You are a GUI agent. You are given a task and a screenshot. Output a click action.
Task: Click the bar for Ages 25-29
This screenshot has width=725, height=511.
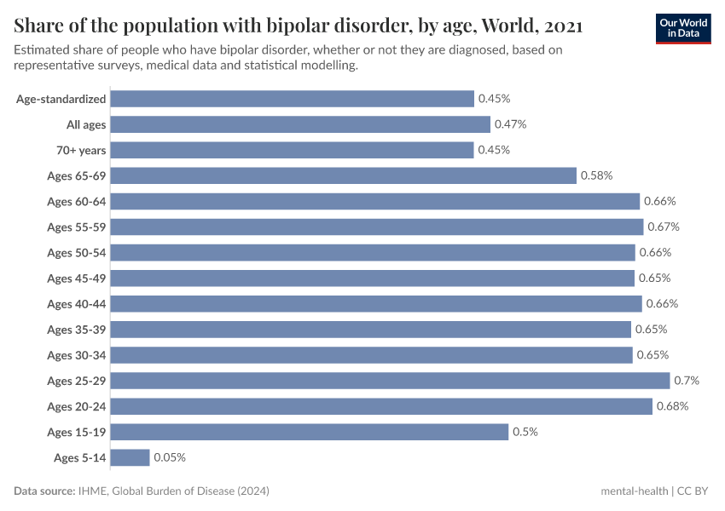390,380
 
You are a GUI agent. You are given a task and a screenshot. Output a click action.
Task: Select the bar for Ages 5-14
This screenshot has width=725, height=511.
130,457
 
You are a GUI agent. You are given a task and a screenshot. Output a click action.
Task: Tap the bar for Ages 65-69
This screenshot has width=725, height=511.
343,175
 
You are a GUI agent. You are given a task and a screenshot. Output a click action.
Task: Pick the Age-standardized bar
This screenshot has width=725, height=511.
292,99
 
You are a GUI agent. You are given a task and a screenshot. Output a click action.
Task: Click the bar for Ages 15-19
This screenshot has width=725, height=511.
309,432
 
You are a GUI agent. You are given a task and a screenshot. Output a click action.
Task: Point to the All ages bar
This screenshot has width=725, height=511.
300,124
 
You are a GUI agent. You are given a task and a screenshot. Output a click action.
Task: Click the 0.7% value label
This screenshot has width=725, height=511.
687,380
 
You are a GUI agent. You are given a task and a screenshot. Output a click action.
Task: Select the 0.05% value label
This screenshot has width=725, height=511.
170,457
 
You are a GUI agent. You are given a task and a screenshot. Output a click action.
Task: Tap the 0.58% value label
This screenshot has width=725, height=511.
596,175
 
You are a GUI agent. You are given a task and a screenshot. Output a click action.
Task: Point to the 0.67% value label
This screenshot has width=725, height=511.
663,227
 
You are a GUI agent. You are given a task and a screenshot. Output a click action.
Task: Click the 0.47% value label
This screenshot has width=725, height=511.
510,124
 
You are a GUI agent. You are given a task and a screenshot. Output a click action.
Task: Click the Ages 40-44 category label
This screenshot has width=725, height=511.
77,303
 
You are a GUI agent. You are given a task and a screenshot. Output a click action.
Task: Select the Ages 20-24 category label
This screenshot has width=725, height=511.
77,406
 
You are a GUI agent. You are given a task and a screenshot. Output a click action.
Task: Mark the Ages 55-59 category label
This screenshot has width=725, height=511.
77,227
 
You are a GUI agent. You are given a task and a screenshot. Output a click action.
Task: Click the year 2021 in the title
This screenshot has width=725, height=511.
560,26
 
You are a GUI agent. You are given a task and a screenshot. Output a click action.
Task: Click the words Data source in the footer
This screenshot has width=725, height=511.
43,491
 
